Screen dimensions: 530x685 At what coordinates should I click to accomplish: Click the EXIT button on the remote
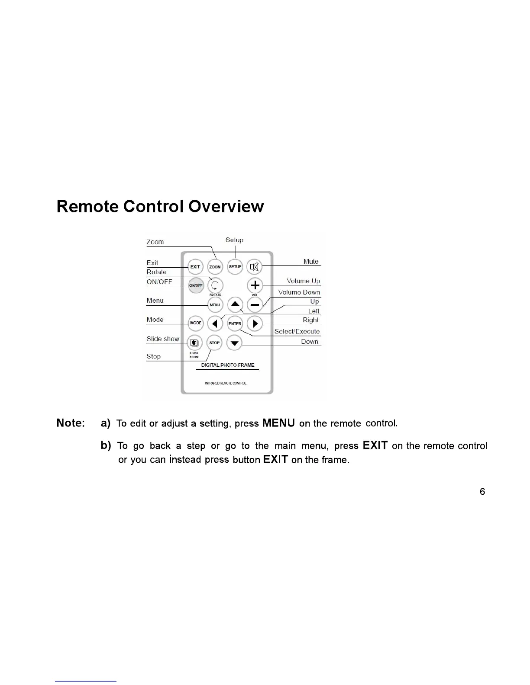(x=195, y=267)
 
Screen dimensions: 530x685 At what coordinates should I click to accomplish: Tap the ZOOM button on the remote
(x=215, y=267)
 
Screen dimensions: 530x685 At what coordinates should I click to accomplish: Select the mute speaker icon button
(x=255, y=267)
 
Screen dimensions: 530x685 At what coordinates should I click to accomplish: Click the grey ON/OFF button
(x=196, y=285)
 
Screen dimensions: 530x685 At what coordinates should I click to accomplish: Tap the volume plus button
(x=255, y=285)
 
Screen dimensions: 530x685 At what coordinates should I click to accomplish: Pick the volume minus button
(x=255, y=305)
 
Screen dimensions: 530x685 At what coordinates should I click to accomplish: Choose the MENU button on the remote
(x=215, y=305)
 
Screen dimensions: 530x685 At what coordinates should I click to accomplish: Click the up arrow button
(x=235, y=304)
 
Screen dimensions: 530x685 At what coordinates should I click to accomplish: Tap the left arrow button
(x=215, y=323)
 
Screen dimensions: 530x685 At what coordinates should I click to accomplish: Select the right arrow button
(x=255, y=323)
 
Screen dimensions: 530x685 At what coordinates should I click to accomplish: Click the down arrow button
(x=235, y=343)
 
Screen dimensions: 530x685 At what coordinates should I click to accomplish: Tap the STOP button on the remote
(x=214, y=343)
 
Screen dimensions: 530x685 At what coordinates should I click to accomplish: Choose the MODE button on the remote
(x=196, y=323)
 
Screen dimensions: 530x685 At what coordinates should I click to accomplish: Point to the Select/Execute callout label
(x=297, y=331)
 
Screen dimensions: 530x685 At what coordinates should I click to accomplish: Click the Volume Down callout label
(x=299, y=292)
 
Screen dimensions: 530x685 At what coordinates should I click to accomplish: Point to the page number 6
(x=482, y=492)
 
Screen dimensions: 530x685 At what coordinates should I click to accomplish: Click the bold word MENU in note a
(x=278, y=423)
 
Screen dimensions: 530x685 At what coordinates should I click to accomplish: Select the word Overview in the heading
(x=226, y=207)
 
